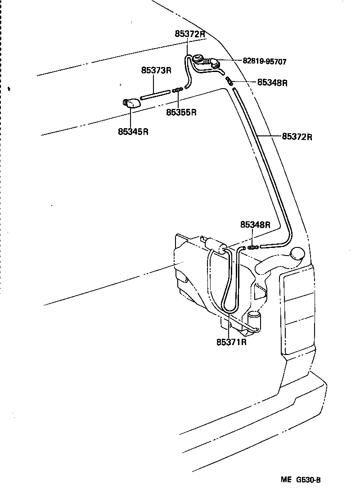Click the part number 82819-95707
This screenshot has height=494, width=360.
tap(265, 61)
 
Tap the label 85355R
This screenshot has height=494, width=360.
tap(181, 112)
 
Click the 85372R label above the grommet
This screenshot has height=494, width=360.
tap(190, 34)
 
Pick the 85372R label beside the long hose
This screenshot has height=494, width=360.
tap(297, 136)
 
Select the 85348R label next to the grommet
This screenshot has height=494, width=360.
tap(272, 83)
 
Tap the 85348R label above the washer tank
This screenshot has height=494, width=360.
tap(255, 225)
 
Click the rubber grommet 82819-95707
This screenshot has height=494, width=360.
tap(198, 59)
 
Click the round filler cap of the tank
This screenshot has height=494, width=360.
tap(298, 255)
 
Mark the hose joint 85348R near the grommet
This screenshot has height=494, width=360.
tap(229, 81)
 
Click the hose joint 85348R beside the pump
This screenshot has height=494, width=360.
tap(253, 247)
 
